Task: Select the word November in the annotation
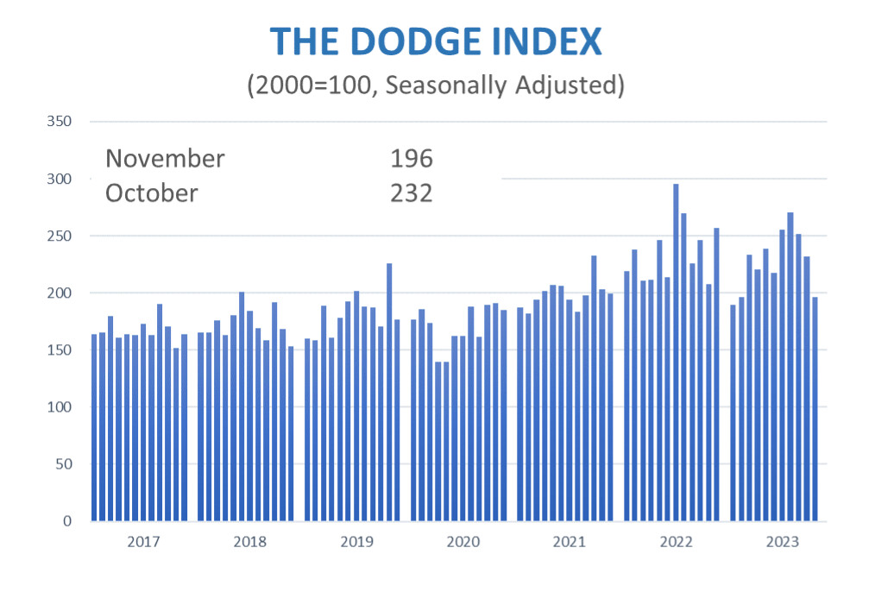pyautogui.click(x=165, y=159)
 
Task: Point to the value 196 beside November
pyautogui.click(x=411, y=159)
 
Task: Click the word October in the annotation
pyautogui.click(x=151, y=193)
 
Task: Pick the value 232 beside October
pyautogui.click(x=411, y=193)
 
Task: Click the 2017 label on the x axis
pyautogui.click(x=143, y=542)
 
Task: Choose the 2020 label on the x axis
pyautogui.click(x=463, y=542)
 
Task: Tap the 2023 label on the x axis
pyautogui.click(x=782, y=542)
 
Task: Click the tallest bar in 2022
pyautogui.click(x=676, y=354)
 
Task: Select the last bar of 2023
pyautogui.click(x=815, y=409)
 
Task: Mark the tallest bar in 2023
pyautogui.click(x=790, y=367)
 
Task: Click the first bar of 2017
pyautogui.click(x=94, y=427)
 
